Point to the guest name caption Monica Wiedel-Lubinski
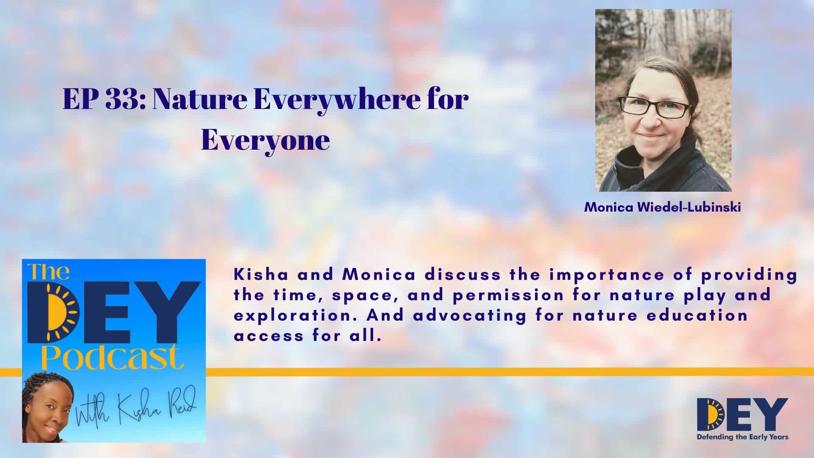[663, 208]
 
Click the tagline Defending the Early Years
[743, 437]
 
